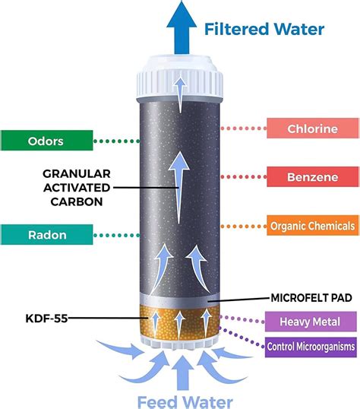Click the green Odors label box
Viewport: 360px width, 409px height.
click(47, 141)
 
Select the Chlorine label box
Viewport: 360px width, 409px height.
click(313, 128)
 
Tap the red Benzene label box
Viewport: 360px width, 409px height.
click(313, 177)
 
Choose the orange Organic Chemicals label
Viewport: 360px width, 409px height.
click(313, 226)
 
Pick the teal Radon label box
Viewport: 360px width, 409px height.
click(47, 234)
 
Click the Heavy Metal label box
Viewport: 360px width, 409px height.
click(311, 322)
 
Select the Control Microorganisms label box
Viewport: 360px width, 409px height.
click(311, 347)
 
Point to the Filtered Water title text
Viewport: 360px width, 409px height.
click(264, 29)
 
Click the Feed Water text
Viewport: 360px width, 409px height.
click(185, 402)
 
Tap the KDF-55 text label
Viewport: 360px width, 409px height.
click(46, 319)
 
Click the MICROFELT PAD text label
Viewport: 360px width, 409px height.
click(311, 297)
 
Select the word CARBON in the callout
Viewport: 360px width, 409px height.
click(77, 201)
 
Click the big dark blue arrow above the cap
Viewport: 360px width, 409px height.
click(182, 27)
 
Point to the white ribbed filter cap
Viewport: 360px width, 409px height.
click(179, 78)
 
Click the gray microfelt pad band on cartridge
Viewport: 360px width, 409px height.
click(179, 300)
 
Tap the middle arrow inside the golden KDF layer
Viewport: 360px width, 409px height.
click(179, 325)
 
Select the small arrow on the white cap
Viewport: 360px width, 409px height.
click(180, 94)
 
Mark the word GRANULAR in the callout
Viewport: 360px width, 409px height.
click(77, 174)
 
